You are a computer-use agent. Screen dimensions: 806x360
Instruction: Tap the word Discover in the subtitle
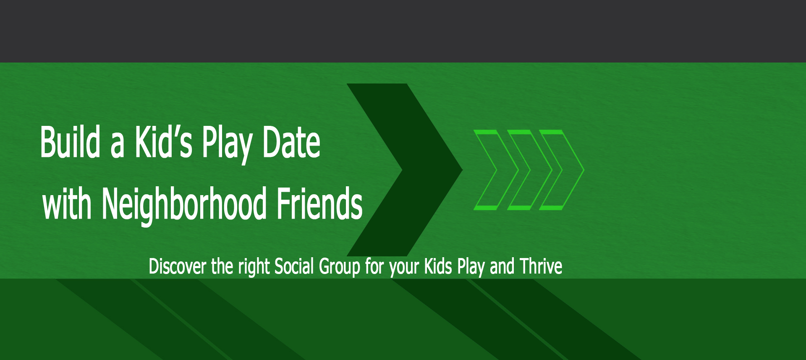click(178, 266)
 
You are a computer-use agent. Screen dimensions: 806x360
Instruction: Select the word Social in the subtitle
click(294, 266)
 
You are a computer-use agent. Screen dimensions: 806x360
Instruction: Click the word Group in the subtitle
click(340, 267)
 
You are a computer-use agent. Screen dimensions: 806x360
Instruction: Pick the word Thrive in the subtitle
click(541, 266)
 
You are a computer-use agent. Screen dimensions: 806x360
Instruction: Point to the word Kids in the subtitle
click(438, 266)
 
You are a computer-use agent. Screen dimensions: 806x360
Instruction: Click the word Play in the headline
click(227, 144)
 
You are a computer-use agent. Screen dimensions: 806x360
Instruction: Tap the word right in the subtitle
click(254, 267)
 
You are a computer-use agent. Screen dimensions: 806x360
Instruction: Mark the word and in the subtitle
click(502, 266)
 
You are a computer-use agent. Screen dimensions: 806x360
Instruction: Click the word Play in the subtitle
click(471, 267)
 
